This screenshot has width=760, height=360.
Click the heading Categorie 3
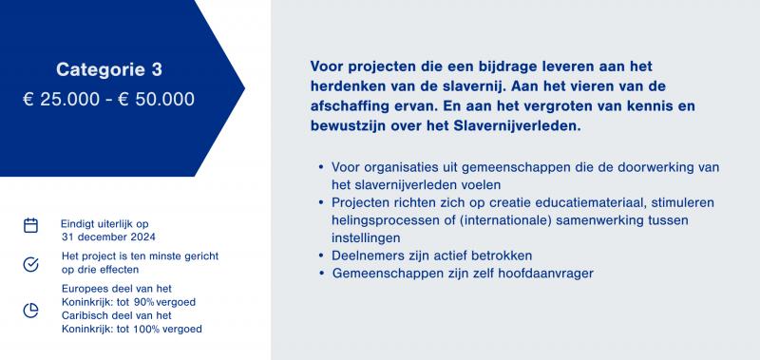(x=109, y=69)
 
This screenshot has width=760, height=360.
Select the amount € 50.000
(x=156, y=100)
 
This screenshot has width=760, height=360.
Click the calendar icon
(x=30, y=225)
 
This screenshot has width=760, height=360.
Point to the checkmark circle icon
(x=30, y=265)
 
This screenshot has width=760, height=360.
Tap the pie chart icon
(x=30, y=311)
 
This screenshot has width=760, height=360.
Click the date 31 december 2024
(x=108, y=237)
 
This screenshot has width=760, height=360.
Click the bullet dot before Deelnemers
(x=321, y=256)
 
